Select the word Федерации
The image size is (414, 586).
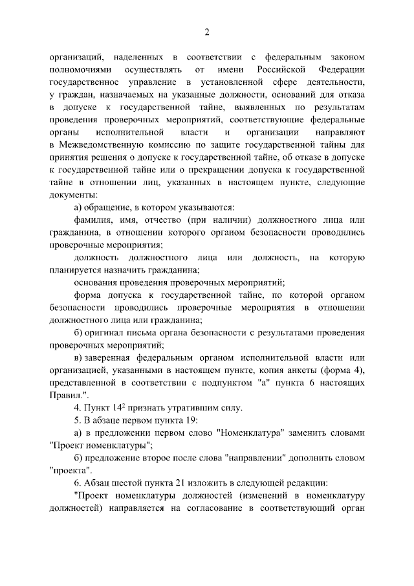point(342,69)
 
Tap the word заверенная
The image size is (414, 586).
point(108,358)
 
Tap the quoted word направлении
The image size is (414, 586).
point(257,457)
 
